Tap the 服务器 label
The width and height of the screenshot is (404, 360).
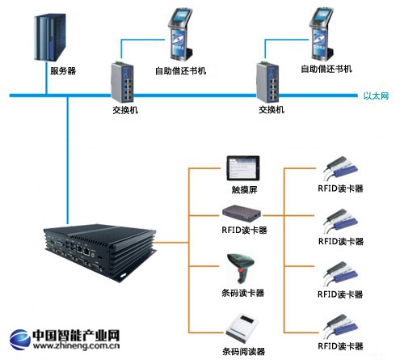[62, 71]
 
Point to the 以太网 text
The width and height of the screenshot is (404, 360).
[377, 96]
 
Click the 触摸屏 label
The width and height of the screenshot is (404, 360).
[243, 191]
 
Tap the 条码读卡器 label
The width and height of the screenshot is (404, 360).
[243, 293]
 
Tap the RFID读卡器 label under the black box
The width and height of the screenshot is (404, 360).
[243, 231]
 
